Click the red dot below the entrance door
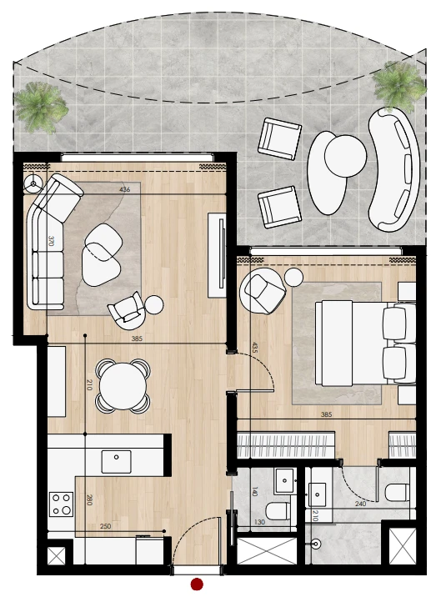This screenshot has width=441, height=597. pyautogui.click(x=197, y=584)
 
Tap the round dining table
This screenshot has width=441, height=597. pyautogui.click(x=123, y=386)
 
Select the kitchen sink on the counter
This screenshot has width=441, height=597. pyautogui.click(x=116, y=461)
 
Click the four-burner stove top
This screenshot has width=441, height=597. pyautogui.click(x=61, y=504)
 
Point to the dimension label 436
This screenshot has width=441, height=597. pyautogui.click(x=124, y=189)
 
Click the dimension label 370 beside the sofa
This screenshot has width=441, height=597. pyautogui.click(x=51, y=241)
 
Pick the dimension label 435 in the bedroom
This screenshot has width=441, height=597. pyautogui.click(x=254, y=347)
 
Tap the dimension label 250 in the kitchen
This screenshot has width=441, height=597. pyautogui.click(x=105, y=526)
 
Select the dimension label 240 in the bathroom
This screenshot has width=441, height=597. pyautogui.click(x=360, y=504)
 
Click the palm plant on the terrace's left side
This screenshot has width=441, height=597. pyautogui.click(x=40, y=107)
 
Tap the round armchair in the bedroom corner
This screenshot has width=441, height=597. pyautogui.click(x=263, y=291)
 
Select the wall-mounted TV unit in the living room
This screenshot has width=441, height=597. pyautogui.click(x=217, y=255)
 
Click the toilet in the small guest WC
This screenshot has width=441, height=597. pyautogui.click(x=278, y=511)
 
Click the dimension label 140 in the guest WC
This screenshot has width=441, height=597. pyautogui.click(x=255, y=492)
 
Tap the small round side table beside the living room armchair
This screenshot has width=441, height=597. pyautogui.click(x=154, y=304)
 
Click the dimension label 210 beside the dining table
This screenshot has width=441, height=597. pyautogui.click(x=89, y=385)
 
